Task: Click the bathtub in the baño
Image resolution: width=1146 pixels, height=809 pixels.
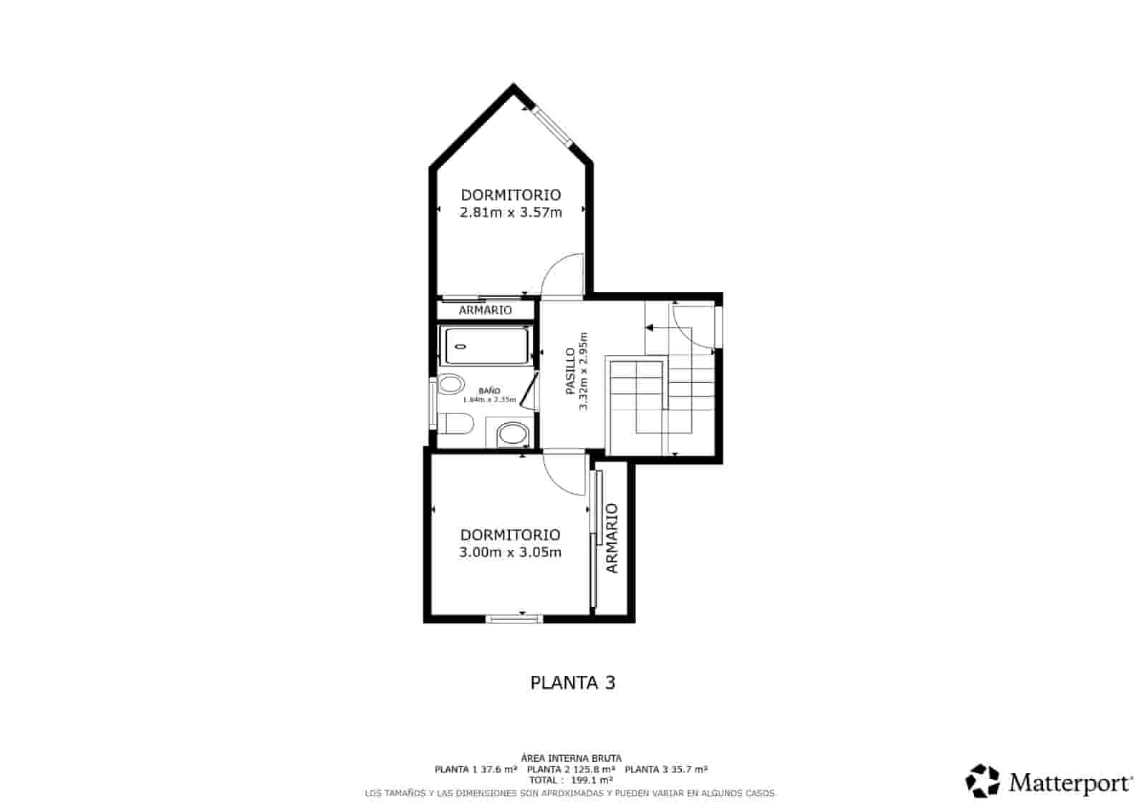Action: [486, 346]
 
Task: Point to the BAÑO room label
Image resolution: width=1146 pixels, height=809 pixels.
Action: [489, 391]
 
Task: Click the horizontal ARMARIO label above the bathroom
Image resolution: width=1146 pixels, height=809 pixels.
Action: [485, 310]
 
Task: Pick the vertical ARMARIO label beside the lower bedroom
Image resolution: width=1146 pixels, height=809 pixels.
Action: [612, 538]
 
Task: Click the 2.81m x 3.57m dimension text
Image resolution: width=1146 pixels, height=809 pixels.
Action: [511, 212]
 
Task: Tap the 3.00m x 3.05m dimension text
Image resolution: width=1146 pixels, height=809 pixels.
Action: [510, 552]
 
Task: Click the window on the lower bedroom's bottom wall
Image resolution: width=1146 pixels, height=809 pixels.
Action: [514, 619]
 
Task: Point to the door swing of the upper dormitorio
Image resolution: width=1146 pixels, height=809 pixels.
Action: [562, 276]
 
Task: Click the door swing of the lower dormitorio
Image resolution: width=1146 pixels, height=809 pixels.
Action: [564, 473]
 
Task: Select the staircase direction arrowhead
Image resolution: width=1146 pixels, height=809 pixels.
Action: [650, 328]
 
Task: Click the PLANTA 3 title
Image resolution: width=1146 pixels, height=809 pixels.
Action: [572, 682]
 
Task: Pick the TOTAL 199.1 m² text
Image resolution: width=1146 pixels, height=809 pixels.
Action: [571, 780]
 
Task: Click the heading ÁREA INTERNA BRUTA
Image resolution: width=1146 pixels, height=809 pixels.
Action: [571, 757]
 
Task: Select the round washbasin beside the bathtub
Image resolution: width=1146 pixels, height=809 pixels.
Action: [451, 385]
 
